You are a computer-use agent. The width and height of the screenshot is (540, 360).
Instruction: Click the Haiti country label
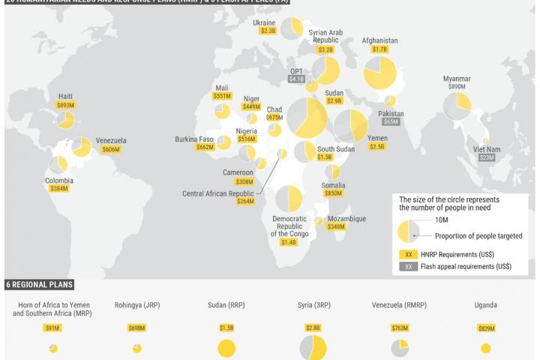click(x=65, y=97)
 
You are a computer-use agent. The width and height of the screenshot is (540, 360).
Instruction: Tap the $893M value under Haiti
click(x=65, y=106)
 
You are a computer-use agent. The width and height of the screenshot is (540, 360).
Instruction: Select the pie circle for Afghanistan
click(x=379, y=73)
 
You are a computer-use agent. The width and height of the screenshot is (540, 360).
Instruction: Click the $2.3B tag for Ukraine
click(x=268, y=31)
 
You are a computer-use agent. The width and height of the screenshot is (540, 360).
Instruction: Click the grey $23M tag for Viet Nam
click(x=487, y=157)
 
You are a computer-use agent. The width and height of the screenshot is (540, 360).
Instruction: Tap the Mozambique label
click(x=346, y=218)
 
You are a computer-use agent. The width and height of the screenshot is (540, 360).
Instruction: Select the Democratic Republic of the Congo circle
click(x=288, y=199)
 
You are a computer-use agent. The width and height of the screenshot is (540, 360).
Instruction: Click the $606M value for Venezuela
click(x=111, y=150)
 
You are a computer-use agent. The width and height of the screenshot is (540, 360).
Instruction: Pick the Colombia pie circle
click(x=58, y=164)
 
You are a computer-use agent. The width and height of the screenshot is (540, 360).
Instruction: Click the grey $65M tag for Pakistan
click(x=391, y=121)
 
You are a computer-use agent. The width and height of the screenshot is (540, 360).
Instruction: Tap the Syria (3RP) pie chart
click(x=313, y=348)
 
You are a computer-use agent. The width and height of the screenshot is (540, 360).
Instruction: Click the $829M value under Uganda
click(x=486, y=328)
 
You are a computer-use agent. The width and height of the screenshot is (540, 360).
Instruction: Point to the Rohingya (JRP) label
click(x=137, y=305)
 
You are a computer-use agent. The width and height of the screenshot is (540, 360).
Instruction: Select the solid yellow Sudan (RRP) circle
click(x=226, y=349)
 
